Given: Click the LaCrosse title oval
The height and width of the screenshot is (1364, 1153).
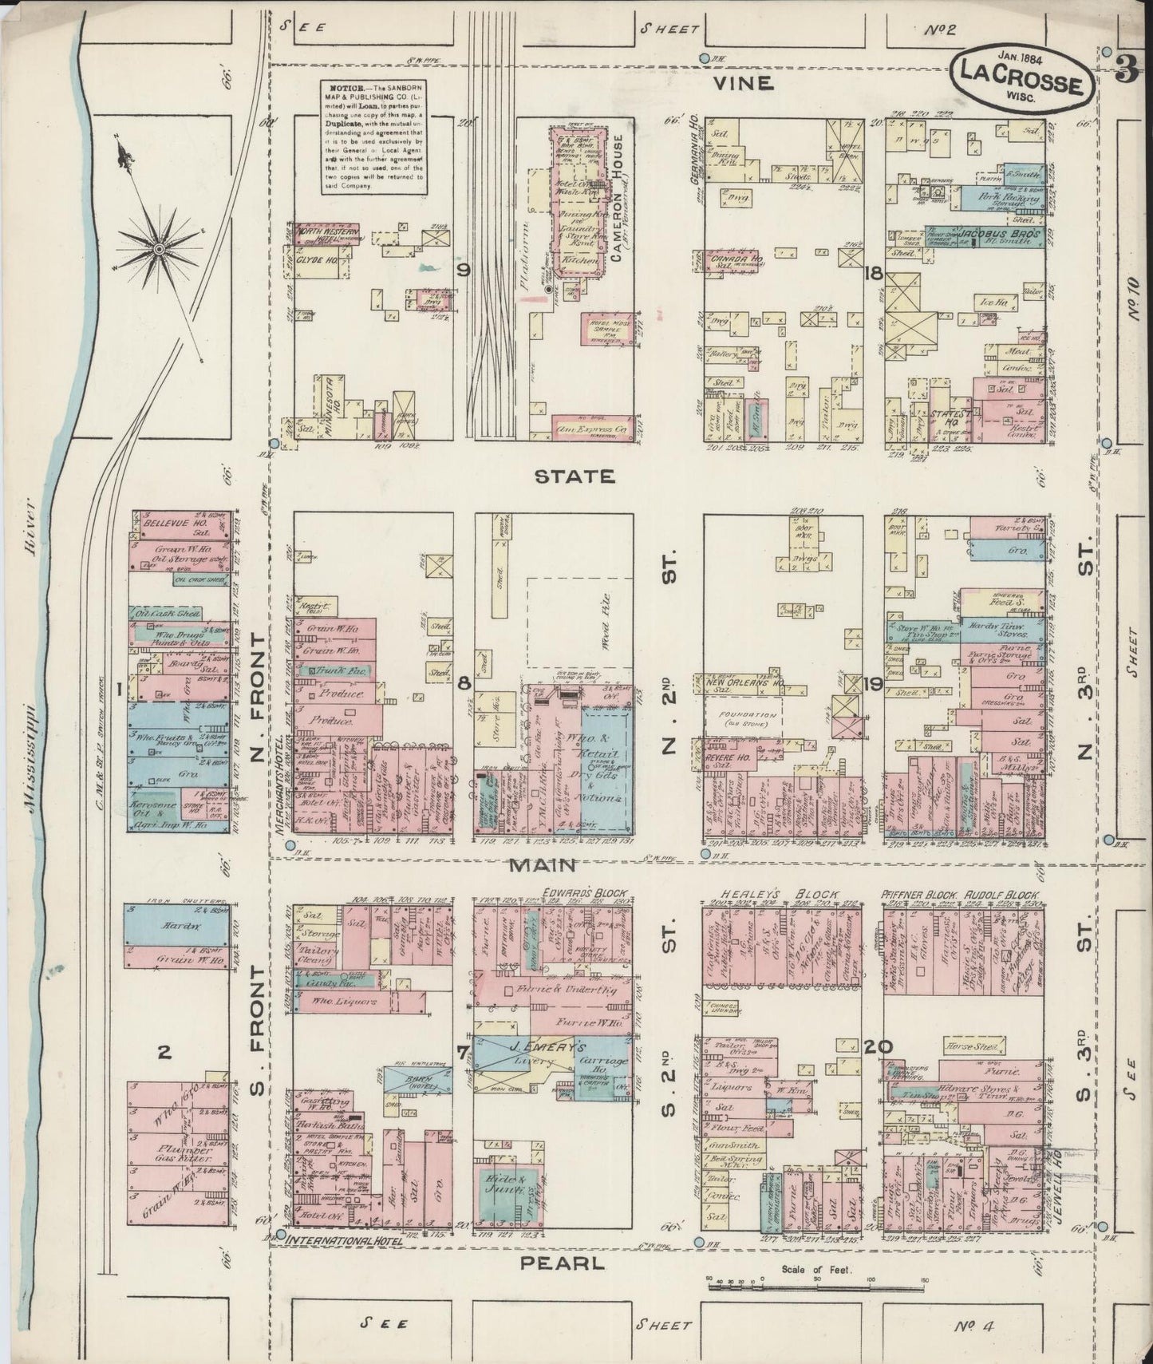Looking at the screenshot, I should pyautogui.click(x=1021, y=79).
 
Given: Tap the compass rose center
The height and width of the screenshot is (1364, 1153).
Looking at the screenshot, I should pyautogui.click(x=160, y=250).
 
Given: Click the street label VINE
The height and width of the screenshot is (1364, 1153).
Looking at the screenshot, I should pyautogui.click(x=742, y=83).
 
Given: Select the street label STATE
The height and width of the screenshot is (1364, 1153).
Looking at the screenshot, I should pyautogui.click(x=575, y=476).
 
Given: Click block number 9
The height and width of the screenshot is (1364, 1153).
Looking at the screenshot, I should pyautogui.click(x=463, y=270).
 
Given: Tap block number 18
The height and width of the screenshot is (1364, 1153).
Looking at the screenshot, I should pyautogui.click(x=873, y=274).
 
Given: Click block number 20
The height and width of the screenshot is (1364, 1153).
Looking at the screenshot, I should pyautogui.click(x=873, y=1047).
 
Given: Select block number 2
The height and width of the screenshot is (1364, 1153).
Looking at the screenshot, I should pyautogui.click(x=164, y=1053).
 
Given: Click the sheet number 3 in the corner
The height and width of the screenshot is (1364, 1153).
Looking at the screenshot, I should pyautogui.click(x=1126, y=72).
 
